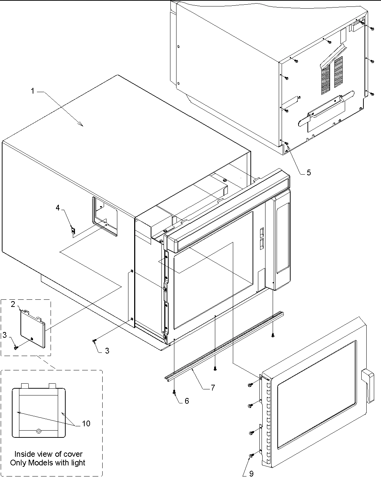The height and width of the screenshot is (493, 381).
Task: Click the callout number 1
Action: [33, 91]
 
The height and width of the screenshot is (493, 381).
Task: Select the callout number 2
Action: [13, 304]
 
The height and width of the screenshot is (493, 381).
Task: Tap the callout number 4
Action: [58, 207]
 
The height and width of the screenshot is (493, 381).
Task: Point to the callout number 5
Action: [309, 172]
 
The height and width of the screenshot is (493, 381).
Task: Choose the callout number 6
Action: [187, 401]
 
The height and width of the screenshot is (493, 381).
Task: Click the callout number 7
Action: [213, 388]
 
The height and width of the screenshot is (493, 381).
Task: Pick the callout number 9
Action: [251, 474]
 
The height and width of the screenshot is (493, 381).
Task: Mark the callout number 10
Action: [86, 423]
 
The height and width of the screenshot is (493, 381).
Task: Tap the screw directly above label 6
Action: [174, 392]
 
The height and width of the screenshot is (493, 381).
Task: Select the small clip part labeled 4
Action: [73, 231]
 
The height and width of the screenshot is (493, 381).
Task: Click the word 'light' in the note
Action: [78, 463]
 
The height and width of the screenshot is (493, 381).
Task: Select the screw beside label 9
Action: [251, 455]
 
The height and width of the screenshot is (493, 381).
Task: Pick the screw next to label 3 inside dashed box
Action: [15, 347]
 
